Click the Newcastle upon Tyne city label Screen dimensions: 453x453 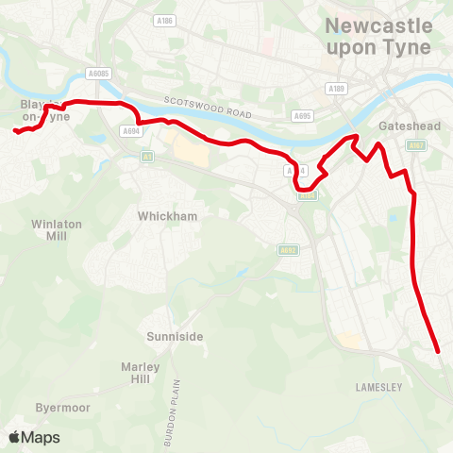[377, 36]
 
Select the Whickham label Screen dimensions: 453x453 [167, 216]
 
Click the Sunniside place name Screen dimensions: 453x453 [175, 336]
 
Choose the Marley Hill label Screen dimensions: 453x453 [141, 373]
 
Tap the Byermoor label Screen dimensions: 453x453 [61, 409]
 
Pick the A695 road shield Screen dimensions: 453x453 [302, 116]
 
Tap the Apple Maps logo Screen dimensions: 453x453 [34, 437]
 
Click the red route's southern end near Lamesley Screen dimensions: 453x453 [439, 352]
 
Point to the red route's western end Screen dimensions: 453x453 [15, 132]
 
